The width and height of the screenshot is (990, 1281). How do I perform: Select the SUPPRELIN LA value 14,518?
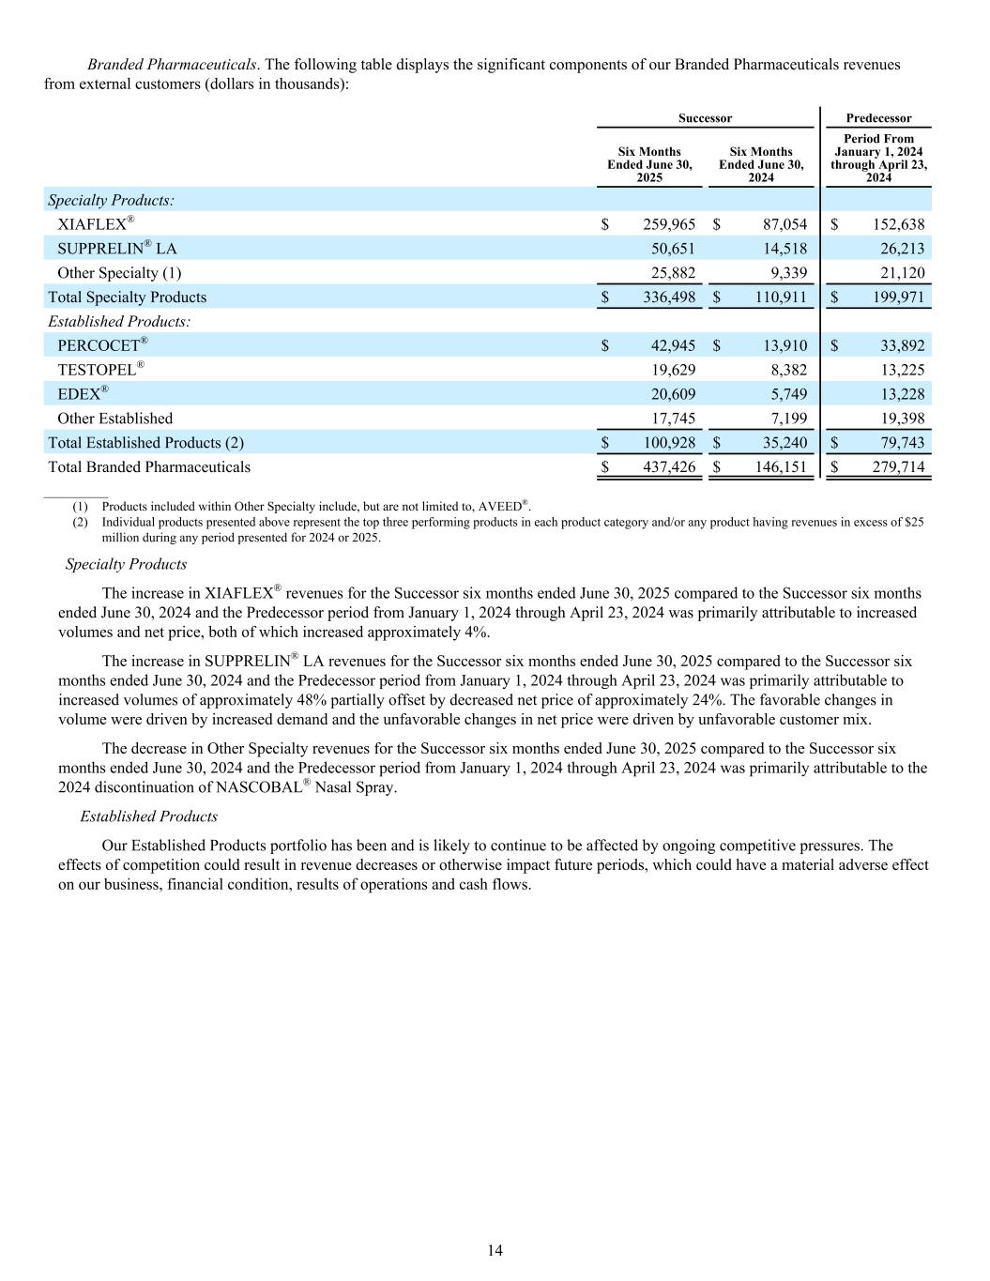coord(781,249)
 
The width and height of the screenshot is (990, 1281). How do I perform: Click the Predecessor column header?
coord(878,118)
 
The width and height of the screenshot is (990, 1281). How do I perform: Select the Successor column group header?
coord(705,118)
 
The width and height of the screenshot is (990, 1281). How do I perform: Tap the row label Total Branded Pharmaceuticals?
coord(149,466)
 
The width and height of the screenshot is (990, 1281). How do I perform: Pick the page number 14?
coord(495,1250)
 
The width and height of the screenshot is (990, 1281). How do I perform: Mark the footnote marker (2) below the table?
coord(80,522)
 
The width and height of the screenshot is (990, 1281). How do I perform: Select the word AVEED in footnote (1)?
coord(501,507)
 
